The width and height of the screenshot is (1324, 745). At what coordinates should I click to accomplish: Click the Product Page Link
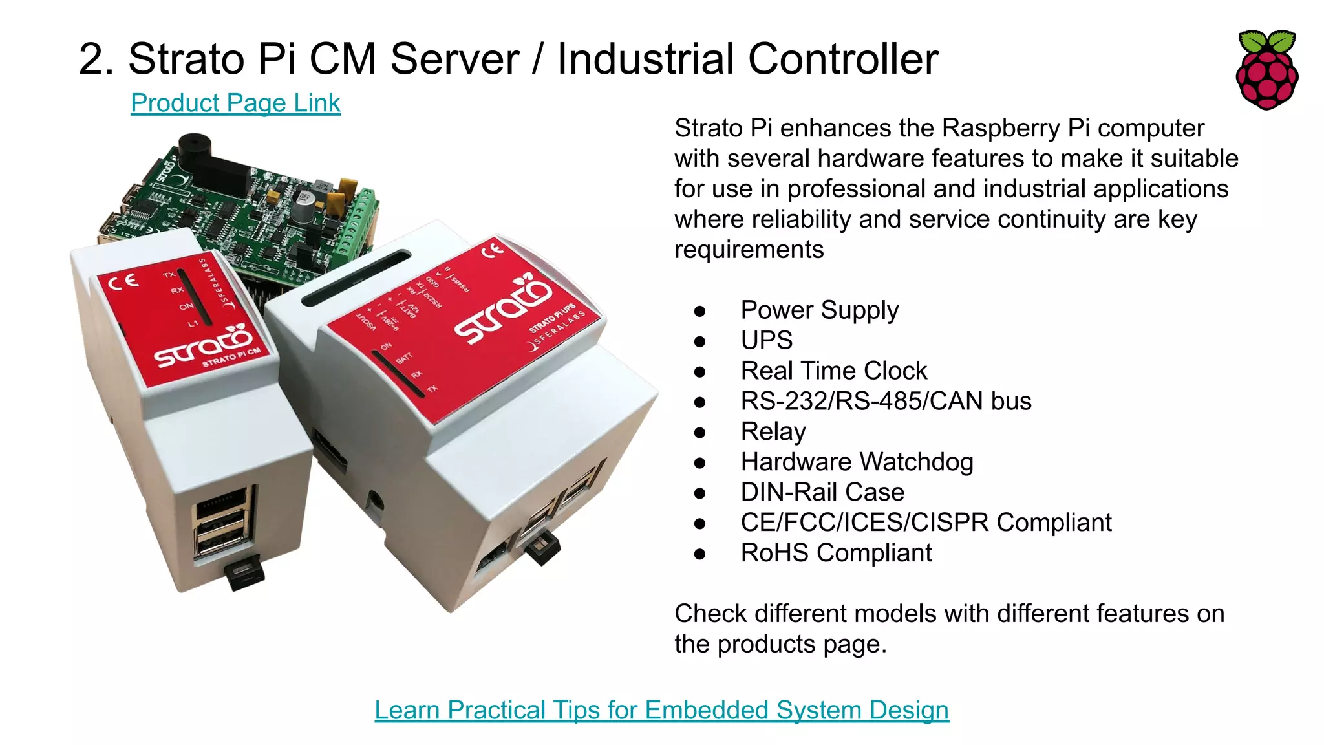(235, 103)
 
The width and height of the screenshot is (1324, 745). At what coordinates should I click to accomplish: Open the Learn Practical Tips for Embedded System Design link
(661, 710)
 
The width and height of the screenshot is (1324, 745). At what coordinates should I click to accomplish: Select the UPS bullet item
(766, 340)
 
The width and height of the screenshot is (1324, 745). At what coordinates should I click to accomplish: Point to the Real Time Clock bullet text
(833, 371)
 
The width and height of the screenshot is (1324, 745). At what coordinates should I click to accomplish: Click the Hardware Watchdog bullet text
(857, 462)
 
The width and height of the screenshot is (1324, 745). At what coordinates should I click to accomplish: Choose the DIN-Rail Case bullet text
(822, 492)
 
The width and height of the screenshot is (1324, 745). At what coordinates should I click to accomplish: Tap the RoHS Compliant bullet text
(836, 553)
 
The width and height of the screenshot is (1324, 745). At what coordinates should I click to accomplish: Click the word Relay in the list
(773, 431)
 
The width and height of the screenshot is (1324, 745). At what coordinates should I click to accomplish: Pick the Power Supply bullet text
(819, 310)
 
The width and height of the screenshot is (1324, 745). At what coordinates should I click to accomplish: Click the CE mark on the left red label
(123, 282)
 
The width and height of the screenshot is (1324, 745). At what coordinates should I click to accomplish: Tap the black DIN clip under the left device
(244, 574)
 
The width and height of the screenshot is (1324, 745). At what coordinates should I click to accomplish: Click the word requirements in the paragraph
(749, 250)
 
